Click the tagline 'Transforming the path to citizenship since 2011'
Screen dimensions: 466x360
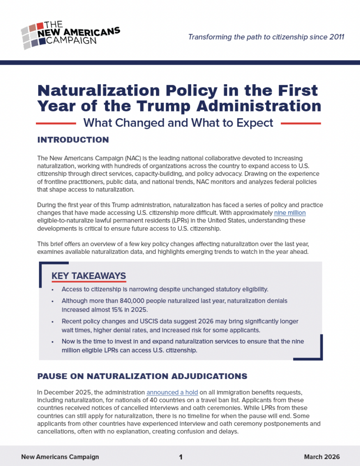tap(266, 36)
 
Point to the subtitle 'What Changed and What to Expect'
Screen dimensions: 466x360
tap(178, 123)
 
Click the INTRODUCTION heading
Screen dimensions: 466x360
tap(73, 139)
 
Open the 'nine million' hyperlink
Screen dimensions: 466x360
tap(289, 213)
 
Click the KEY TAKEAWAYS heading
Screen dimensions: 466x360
tap(89, 276)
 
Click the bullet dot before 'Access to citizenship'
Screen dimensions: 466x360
tap(53, 289)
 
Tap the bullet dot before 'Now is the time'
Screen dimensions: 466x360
tap(53, 341)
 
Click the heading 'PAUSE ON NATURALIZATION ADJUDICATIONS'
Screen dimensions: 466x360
tap(142, 376)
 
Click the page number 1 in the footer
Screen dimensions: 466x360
tap(181, 457)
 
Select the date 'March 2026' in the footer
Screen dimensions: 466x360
tap(321, 457)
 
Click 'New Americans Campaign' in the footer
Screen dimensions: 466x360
tap(60, 457)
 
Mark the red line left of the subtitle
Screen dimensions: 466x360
tap(56, 123)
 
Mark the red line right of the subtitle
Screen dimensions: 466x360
tap(301, 123)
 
